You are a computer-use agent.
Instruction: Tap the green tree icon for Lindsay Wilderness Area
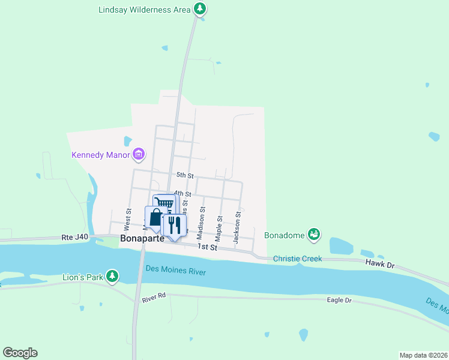[200, 9]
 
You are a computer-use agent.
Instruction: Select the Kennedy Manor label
[101, 155]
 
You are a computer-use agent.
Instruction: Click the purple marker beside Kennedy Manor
[139, 155]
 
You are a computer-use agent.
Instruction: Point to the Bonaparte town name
[142, 238]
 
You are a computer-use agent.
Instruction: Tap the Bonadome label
[285, 234]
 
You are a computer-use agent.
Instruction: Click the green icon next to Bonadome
[313, 234]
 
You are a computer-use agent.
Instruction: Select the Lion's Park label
[82, 278]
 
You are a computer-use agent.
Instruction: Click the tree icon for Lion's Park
[111, 276]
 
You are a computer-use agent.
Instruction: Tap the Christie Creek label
[297, 259]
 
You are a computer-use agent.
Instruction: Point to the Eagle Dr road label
[339, 300]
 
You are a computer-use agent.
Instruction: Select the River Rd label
[153, 298]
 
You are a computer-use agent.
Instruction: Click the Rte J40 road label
[74, 237]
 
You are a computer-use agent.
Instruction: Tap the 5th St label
[184, 175]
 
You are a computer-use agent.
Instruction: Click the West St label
[128, 220]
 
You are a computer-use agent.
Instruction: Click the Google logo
[20, 353]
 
